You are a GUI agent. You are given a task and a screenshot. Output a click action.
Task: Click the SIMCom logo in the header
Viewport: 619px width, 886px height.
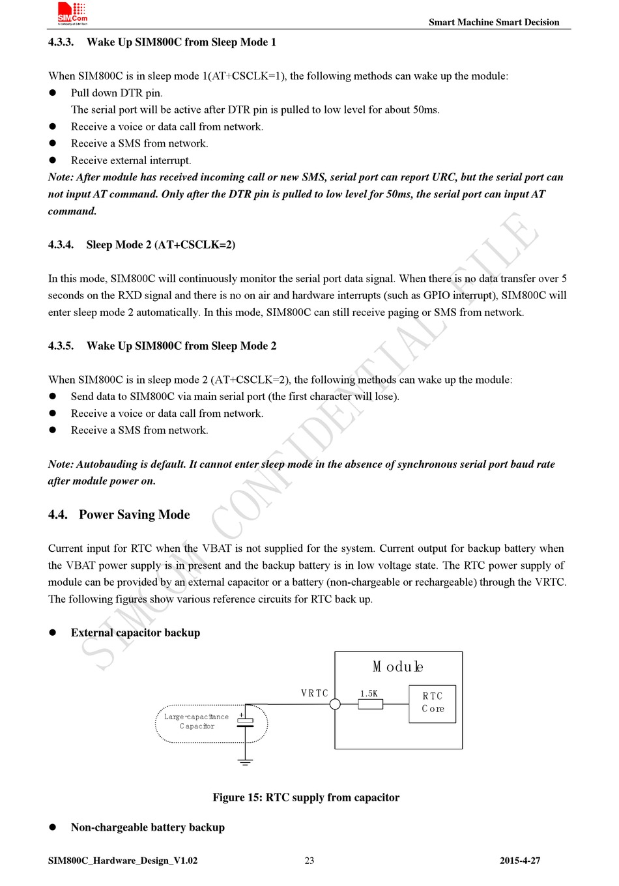[x=72, y=14]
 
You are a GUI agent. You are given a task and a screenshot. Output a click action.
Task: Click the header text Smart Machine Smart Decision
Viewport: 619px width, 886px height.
[x=493, y=22]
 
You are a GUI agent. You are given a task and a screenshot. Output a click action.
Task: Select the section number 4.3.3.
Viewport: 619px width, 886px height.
[x=61, y=42]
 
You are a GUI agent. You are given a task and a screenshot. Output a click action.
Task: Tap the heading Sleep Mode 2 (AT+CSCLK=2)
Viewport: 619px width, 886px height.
[x=160, y=245]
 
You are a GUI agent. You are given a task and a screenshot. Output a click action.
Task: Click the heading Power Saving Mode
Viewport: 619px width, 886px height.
[x=134, y=515]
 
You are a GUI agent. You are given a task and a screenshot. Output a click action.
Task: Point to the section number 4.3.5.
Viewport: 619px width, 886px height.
[x=61, y=346]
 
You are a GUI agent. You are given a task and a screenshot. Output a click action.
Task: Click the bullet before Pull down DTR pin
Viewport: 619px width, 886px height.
[x=53, y=93]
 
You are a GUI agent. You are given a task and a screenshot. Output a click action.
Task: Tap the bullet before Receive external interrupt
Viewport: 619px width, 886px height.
[x=53, y=160]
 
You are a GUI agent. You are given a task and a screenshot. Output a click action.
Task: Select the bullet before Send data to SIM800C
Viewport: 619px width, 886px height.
[x=53, y=396]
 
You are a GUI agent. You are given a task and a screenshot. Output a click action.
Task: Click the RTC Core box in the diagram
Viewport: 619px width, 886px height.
[x=432, y=703]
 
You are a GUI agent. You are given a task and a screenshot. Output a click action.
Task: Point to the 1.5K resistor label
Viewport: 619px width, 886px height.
[x=369, y=693]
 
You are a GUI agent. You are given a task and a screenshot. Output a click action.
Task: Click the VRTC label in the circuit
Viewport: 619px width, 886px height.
[x=315, y=693]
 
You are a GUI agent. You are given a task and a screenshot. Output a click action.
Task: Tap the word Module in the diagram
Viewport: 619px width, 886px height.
[x=397, y=666]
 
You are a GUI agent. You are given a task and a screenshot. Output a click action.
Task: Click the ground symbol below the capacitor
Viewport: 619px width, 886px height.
[x=245, y=762]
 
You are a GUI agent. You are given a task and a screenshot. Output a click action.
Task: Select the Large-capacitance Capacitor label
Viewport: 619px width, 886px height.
[x=196, y=721]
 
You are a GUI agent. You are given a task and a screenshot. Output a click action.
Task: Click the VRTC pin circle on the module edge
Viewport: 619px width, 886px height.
[x=335, y=704]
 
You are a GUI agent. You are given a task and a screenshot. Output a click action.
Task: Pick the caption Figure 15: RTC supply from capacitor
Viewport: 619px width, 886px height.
[x=306, y=797]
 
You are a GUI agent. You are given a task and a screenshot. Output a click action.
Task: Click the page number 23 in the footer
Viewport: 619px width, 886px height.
[x=309, y=861]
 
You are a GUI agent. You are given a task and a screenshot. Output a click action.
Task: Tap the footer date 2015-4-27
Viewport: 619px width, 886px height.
[x=520, y=861]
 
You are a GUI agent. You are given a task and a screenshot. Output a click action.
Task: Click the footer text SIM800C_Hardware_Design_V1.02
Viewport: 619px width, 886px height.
[x=122, y=861]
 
